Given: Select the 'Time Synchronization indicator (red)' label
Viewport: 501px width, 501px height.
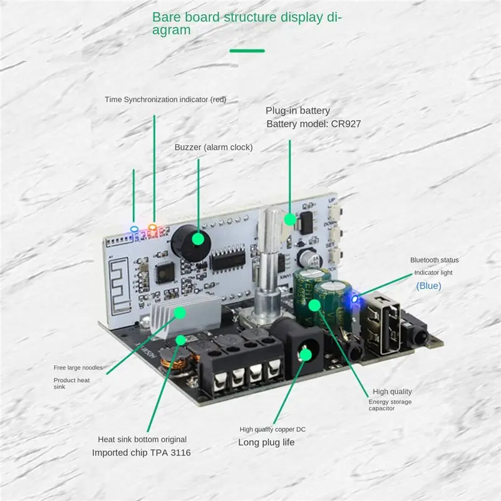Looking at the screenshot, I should pos(165,99).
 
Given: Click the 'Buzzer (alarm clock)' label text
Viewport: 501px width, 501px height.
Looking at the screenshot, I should pos(213,147).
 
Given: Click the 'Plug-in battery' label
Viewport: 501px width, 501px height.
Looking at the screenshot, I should pos(297,110).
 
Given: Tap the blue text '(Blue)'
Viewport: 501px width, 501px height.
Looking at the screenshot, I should pos(429,286).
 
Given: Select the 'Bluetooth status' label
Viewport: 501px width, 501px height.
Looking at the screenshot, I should pos(435,260).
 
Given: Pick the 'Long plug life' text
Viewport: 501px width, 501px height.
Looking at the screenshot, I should pos(267,442).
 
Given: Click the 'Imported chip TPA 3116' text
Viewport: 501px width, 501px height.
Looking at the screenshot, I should pos(142,452).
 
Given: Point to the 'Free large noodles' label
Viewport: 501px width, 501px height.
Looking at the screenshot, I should pos(78,368).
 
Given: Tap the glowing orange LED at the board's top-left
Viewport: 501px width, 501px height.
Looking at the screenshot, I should pos(152,227).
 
